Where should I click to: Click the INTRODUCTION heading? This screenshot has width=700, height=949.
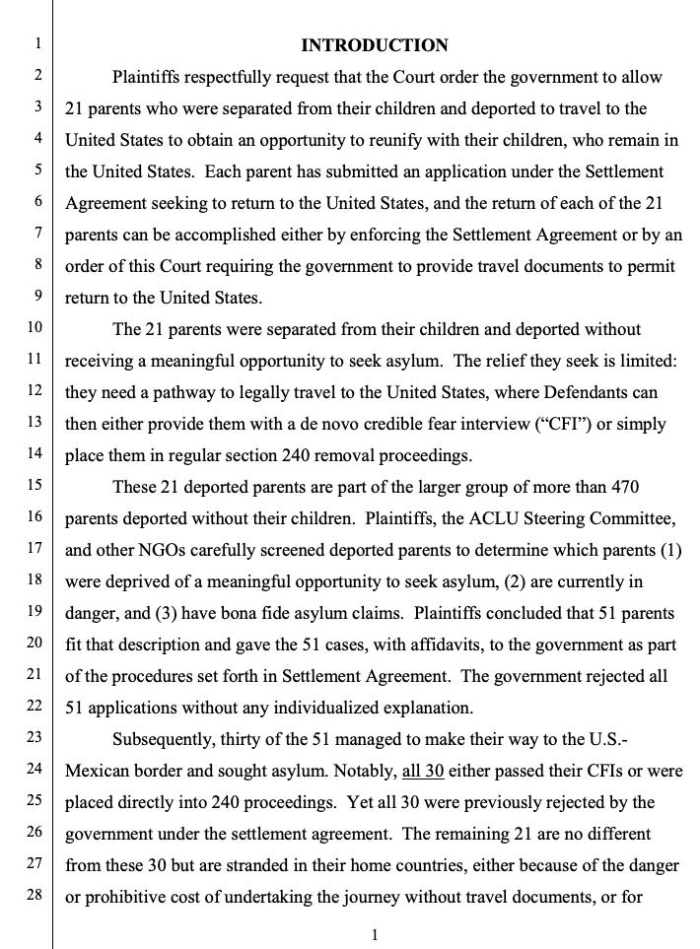(374, 45)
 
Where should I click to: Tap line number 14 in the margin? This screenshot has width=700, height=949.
(35, 454)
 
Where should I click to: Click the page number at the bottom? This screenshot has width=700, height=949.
(375, 935)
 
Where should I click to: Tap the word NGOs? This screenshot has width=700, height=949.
(161, 550)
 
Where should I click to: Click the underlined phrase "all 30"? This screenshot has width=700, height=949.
(422, 771)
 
